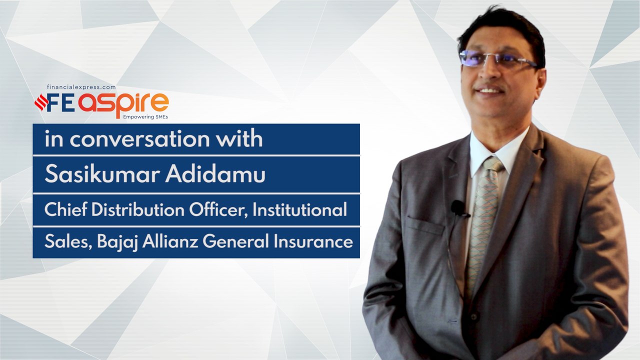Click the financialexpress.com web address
pos(81,87)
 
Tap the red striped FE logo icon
pos(41,102)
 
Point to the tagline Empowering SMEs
pos(145,117)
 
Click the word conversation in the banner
pos(139,139)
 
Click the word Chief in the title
pos(65,209)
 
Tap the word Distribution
pos(138,209)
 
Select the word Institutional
pos(299,209)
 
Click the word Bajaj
pos(117,242)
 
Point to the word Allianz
pos(170,241)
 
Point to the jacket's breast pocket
pos(425,225)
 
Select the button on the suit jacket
pos(473,317)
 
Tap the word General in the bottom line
pos(236,241)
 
